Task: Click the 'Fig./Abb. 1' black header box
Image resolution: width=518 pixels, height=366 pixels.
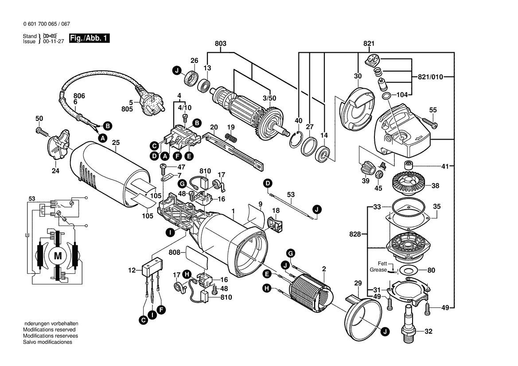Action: coord(90,39)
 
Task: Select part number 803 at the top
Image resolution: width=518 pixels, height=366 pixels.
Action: coord(220,43)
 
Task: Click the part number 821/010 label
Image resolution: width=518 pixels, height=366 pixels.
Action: coord(430,77)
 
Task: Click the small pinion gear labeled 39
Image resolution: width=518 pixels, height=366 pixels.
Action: coord(365,169)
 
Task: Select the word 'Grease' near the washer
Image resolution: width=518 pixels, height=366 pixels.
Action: coord(378,269)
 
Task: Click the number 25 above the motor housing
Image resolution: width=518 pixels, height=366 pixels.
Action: coord(116,143)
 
